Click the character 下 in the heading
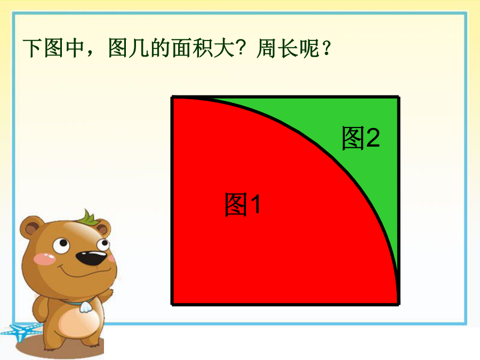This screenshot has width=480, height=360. coord(33,48)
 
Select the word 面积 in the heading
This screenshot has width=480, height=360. coord(192,48)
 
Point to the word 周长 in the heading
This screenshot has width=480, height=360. coord(278,48)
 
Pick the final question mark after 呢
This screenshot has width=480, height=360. coord(326,48)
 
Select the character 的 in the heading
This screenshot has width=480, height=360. coord(161,48)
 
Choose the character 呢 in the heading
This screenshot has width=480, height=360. coord(309,48)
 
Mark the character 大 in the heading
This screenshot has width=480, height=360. coord(224,48)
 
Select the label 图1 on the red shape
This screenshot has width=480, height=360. coord(243,204)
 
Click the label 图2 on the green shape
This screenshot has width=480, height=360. coord(361,138)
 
